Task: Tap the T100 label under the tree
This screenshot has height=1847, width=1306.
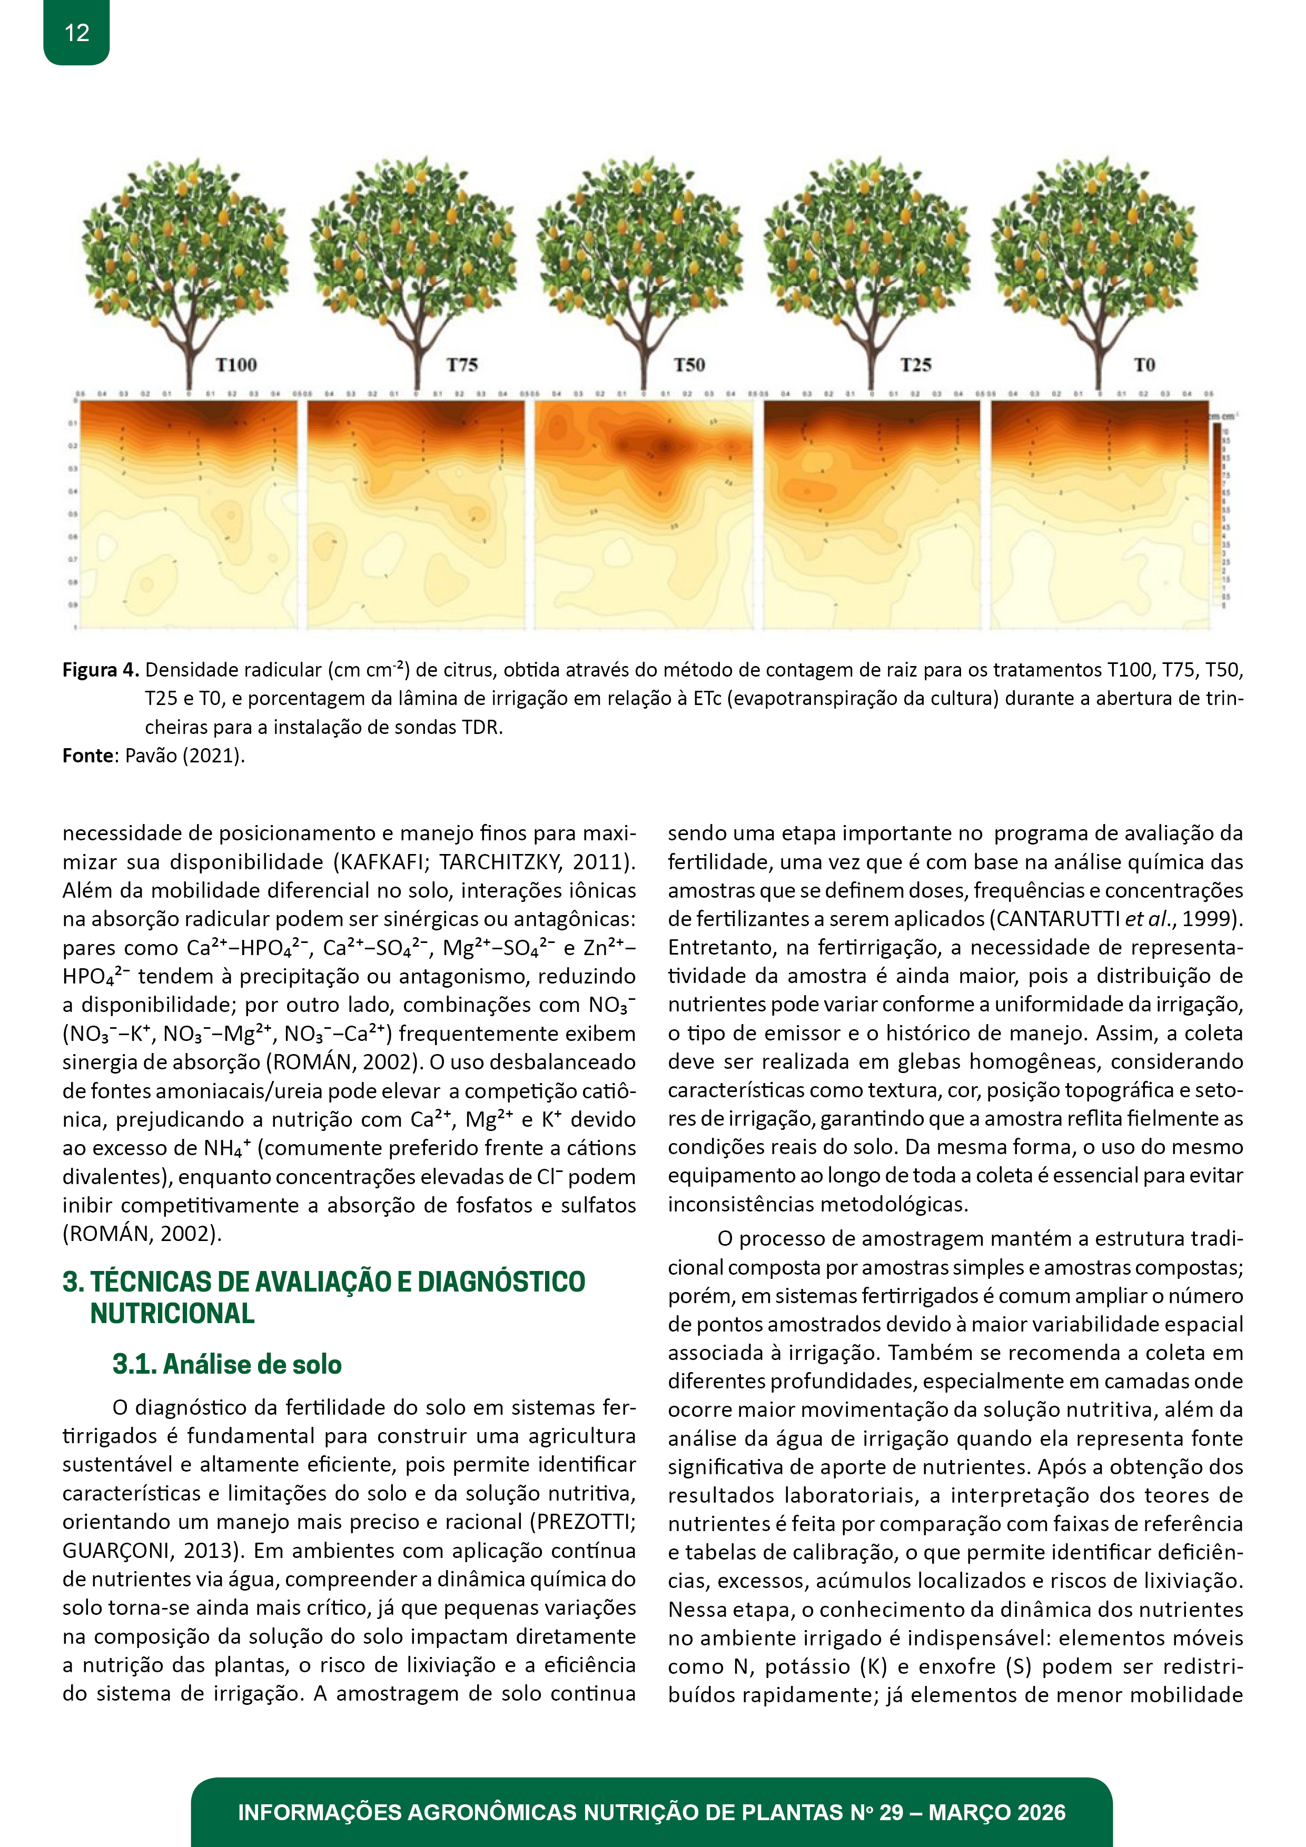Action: point(236,365)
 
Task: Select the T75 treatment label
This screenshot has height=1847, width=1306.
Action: point(463,365)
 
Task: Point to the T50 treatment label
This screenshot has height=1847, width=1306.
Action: point(690,365)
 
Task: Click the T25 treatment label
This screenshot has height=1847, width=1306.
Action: point(916,365)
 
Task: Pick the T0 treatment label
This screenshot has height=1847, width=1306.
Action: point(1144,365)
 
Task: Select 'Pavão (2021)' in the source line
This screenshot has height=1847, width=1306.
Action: point(184,756)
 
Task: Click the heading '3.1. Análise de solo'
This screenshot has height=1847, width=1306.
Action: point(227,1364)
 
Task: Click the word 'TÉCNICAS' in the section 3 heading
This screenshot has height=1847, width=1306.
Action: point(150,1282)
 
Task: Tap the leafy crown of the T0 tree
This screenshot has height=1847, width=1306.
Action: point(1094,241)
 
